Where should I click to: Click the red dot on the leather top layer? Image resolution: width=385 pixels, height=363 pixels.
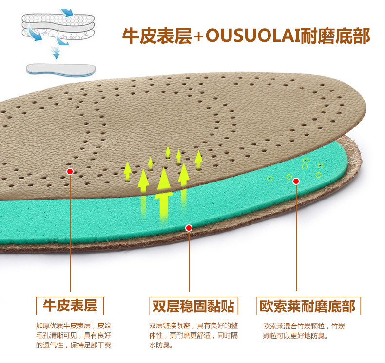tap(70, 171)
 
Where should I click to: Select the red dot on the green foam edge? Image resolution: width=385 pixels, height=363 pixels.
tap(189, 227)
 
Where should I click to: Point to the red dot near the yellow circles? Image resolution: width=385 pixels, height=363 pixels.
tap(296, 181)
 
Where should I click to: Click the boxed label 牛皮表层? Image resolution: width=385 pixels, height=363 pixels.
tap(70, 306)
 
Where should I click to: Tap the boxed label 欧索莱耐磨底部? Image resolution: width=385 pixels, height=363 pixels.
tap(308, 306)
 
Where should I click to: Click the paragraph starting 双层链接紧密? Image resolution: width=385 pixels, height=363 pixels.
tap(193, 335)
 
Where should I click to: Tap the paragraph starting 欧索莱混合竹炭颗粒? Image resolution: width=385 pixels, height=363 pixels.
tap(304, 331)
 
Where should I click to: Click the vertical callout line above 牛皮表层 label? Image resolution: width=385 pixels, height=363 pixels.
tap(70, 234)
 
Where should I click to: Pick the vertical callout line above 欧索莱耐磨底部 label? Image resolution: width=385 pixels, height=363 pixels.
tap(296, 238)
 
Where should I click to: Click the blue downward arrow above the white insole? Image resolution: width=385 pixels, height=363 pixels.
tap(57, 51)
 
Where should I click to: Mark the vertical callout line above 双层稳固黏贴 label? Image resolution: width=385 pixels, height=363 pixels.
tap(189, 263)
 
